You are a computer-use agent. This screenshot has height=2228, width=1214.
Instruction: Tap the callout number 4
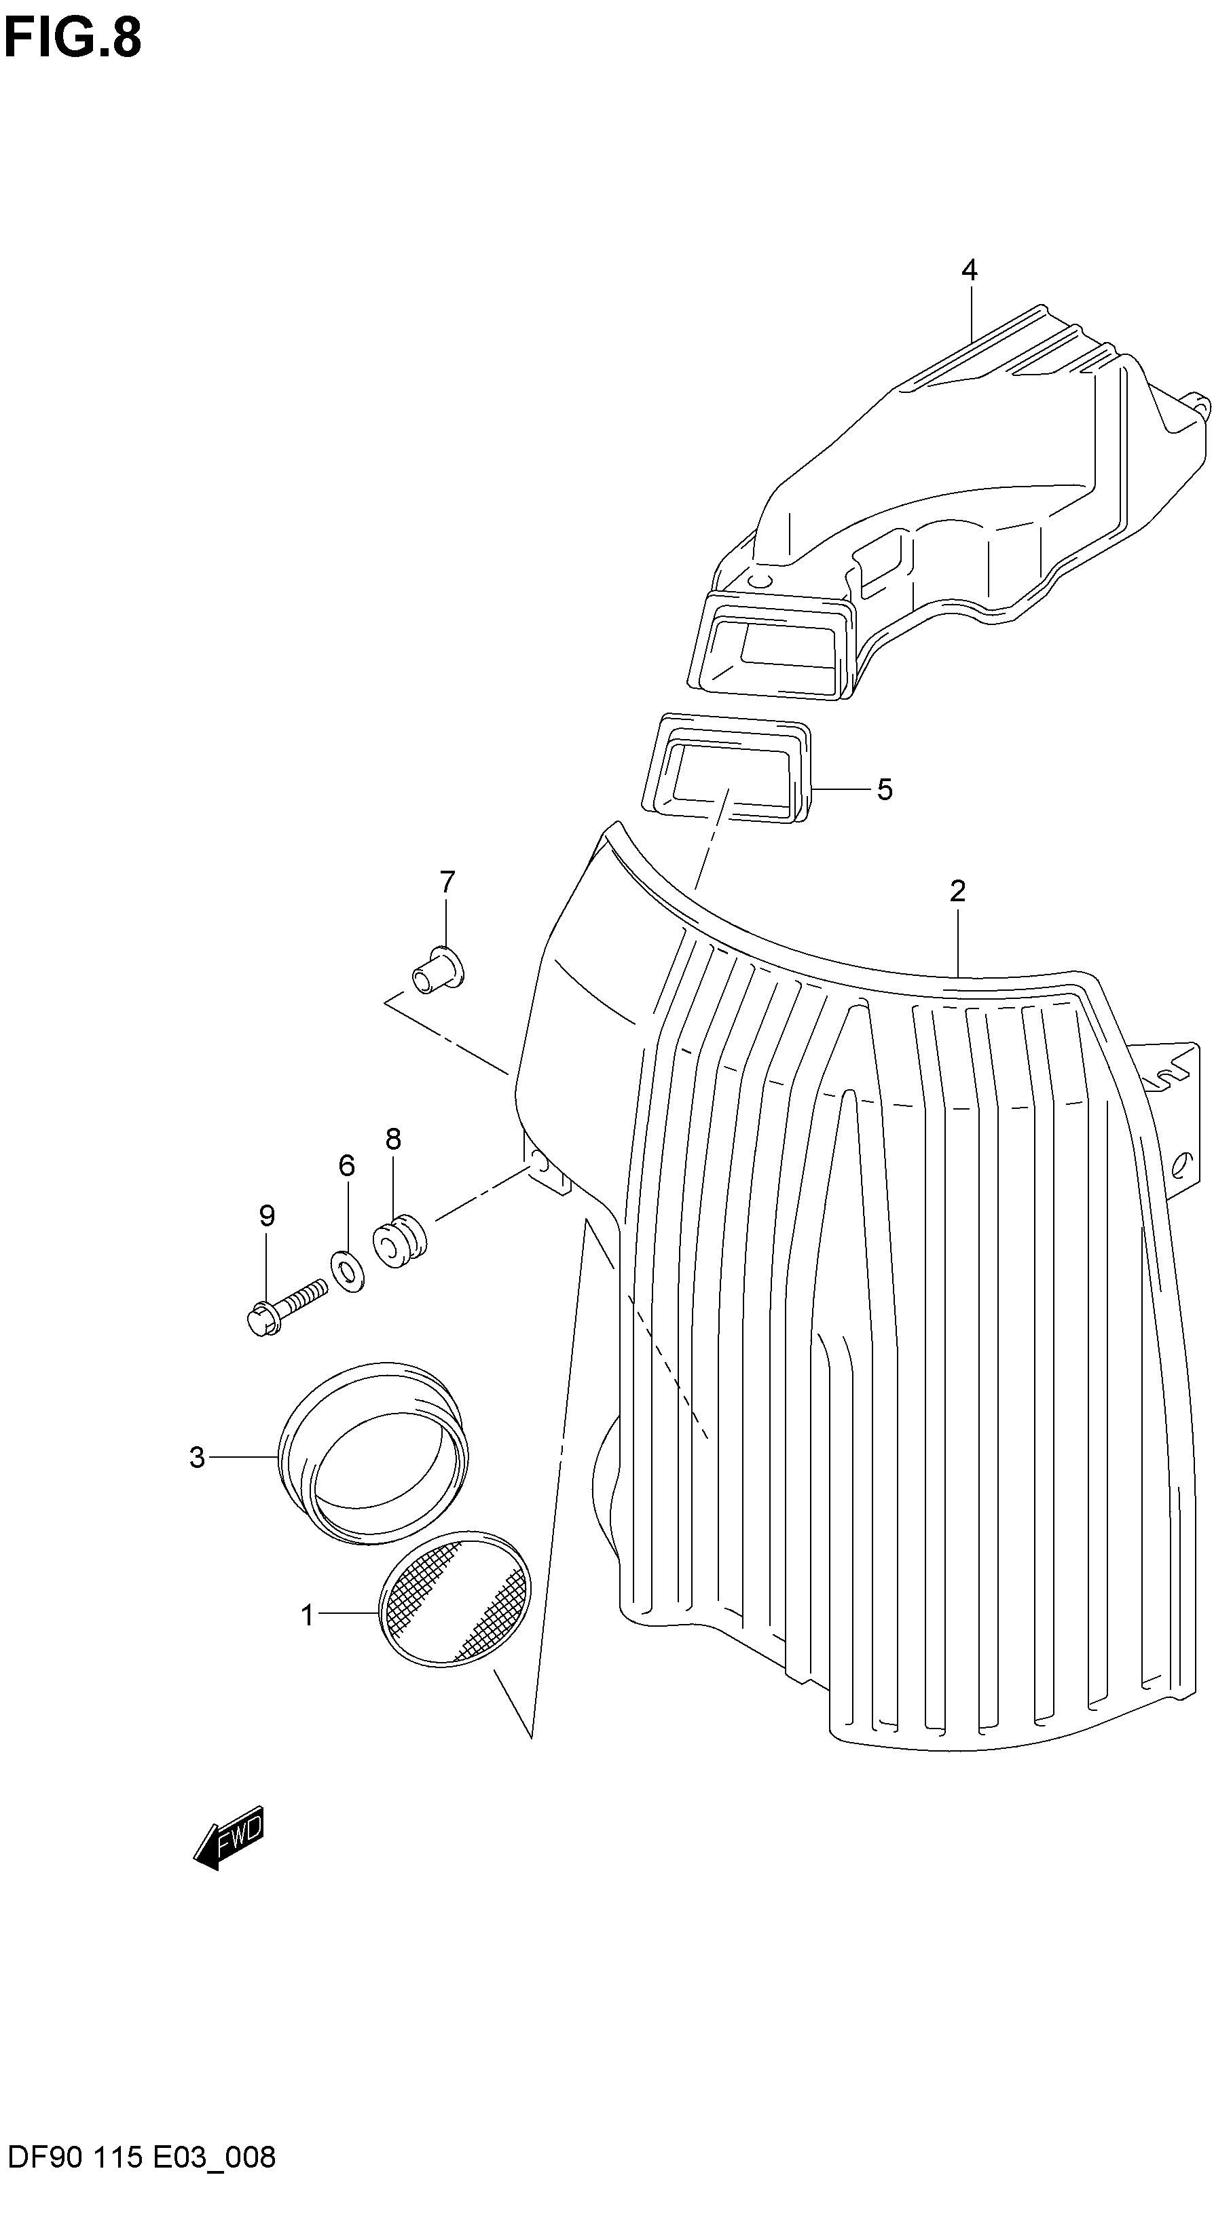[969, 271]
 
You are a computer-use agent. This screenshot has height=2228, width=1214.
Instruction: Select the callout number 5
[884, 790]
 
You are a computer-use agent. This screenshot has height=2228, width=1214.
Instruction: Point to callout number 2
[957, 892]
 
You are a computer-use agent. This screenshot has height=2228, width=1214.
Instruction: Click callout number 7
[447, 883]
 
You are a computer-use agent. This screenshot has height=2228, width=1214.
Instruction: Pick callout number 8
[394, 1139]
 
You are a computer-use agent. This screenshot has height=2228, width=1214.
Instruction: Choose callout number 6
[347, 1166]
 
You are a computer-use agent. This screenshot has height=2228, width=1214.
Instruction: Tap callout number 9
[268, 1216]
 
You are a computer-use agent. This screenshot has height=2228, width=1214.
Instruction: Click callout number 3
[198, 1457]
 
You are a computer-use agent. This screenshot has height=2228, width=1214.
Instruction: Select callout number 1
[306, 1615]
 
